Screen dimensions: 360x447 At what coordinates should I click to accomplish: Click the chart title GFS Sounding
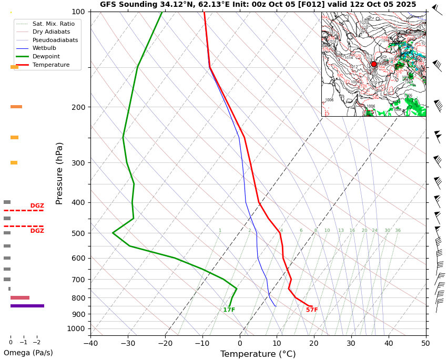(258, 5)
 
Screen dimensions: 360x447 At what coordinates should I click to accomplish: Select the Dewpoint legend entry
(46, 56)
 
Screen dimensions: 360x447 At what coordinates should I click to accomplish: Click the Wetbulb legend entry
(44, 48)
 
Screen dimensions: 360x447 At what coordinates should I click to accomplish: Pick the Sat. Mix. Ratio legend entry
(53, 24)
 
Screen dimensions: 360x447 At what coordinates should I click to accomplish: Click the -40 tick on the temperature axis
(90, 344)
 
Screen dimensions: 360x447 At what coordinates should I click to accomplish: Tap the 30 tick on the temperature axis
(351, 344)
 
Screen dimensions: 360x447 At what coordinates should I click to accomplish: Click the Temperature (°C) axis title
(258, 354)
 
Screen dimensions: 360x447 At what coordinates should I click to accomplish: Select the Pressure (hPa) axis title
(59, 173)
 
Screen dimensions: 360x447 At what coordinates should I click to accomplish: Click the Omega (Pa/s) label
(28, 353)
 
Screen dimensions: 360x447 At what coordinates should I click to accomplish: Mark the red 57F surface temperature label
(312, 310)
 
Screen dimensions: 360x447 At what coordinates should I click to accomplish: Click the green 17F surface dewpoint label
(229, 310)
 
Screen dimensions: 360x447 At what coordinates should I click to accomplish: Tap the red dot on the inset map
(374, 64)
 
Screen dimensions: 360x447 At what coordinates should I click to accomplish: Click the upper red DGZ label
(37, 206)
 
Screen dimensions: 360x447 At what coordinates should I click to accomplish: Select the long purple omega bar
(27, 306)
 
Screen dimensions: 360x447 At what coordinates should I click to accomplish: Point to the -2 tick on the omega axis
(37, 343)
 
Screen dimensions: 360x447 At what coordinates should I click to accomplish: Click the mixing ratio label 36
(398, 231)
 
